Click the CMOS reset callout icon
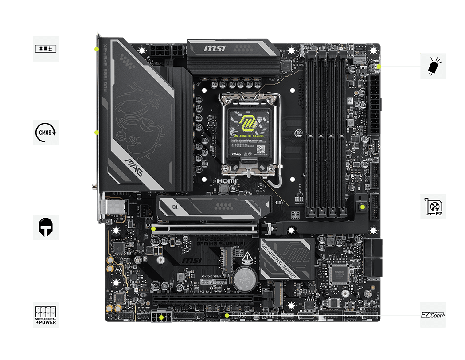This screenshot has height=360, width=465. pyautogui.click(x=46, y=132)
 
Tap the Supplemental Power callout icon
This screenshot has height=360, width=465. pyautogui.click(x=46, y=315)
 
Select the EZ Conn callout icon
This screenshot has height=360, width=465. pyautogui.click(x=433, y=315)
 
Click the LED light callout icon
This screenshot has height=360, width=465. pyautogui.click(x=433, y=67)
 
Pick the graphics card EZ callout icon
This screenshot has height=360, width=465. pyautogui.click(x=433, y=207)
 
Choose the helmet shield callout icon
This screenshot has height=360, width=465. pyautogui.click(x=46, y=228)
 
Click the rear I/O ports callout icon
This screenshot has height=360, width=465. pyautogui.click(x=46, y=48)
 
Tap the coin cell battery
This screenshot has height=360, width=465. pyautogui.click(x=243, y=278)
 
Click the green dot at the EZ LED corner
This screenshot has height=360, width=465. pyautogui.click(x=378, y=67)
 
